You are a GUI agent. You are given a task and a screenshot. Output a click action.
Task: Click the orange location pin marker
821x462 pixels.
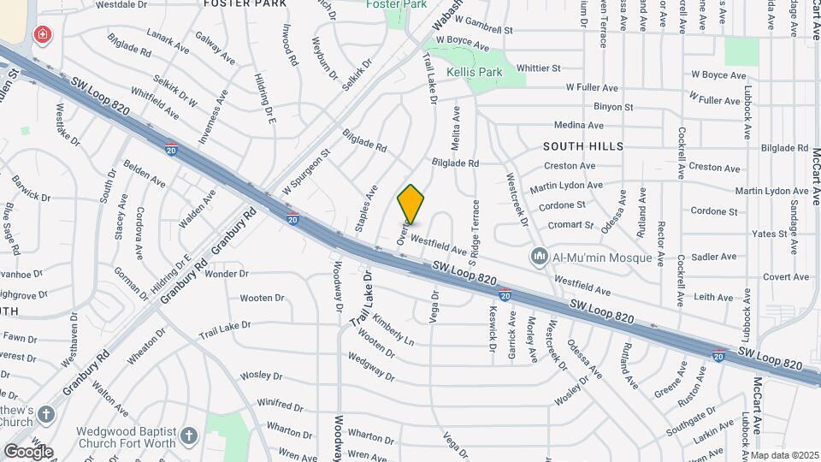point(410,204)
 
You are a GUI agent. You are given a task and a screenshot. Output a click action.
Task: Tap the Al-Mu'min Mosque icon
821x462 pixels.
point(539,256)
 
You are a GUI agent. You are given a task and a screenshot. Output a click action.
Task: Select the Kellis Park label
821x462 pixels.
point(473,73)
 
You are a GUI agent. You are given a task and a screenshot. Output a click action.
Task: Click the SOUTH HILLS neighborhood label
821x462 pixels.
point(583,146)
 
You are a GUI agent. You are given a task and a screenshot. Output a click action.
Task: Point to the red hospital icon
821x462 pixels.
point(41,34)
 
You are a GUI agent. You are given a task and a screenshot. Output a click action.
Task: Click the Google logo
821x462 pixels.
point(27,451)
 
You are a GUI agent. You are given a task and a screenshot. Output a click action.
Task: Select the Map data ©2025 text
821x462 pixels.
point(784,455)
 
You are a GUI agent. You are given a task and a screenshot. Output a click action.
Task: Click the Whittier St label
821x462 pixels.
point(538,68)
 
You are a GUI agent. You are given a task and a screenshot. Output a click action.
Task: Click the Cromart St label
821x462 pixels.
point(572,225)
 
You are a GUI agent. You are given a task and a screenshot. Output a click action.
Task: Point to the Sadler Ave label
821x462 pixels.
point(713,256)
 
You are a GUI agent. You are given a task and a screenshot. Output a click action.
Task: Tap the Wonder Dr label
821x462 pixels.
point(226,275)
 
